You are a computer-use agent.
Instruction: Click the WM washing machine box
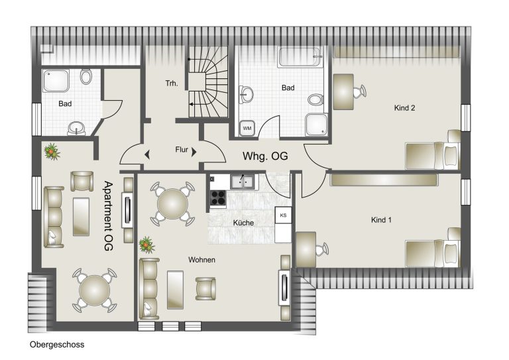[247, 128]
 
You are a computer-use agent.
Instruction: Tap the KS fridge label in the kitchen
[283, 215]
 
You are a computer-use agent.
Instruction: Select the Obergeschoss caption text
[57, 344]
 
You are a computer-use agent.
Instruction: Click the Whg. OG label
[265, 156]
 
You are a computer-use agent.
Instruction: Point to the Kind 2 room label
[404, 108]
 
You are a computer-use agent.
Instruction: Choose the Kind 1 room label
[381, 219]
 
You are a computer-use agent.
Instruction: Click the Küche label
[243, 223]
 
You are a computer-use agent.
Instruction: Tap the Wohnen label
[201, 260]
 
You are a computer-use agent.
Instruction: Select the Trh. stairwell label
[172, 84]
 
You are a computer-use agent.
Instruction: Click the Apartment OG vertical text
[109, 216]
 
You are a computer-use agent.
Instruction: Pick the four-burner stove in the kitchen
[218, 198]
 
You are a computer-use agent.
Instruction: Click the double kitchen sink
[242, 182]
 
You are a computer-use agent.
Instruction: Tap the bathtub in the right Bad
[300, 58]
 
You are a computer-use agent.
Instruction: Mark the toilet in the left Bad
[86, 76]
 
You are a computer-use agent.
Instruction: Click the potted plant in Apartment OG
[52, 152]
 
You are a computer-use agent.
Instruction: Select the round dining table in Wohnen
[172, 204]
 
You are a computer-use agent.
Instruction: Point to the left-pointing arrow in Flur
[147, 154]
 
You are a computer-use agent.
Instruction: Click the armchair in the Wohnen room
[205, 288]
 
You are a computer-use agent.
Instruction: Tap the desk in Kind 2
[343, 92]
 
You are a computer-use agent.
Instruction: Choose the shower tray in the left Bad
[56, 80]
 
